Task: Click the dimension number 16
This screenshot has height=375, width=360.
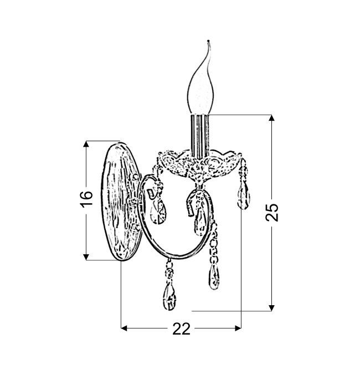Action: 86,199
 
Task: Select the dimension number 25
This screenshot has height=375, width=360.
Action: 272,213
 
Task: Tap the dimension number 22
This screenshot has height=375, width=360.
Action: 181,329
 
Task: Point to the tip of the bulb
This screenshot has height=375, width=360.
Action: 208,41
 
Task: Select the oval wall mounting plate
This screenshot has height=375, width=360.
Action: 121,202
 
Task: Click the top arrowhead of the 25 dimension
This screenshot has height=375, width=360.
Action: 271,118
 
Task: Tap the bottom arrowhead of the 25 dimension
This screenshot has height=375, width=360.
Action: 271,308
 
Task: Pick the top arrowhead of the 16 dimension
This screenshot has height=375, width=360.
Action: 86,144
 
